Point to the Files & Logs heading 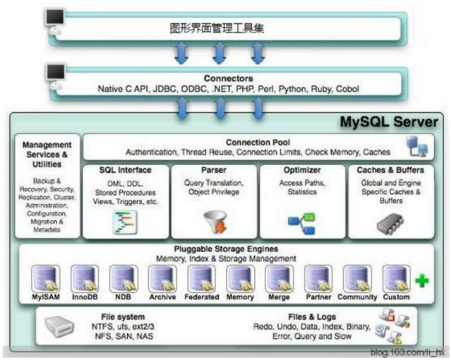pyautogui.click(x=311, y=317)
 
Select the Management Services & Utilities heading pyautogui.click(x=47, y=155)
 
